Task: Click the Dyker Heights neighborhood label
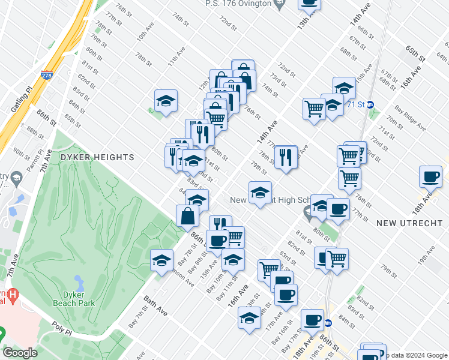point(97,157)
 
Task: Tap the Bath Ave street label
point(154,305)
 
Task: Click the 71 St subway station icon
point(370,104)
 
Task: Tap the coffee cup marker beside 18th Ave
point(430,176)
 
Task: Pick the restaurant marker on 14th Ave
point(286,157)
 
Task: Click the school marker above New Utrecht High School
point(260,193)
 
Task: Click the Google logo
point(20,353)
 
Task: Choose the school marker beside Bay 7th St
point(161,260)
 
